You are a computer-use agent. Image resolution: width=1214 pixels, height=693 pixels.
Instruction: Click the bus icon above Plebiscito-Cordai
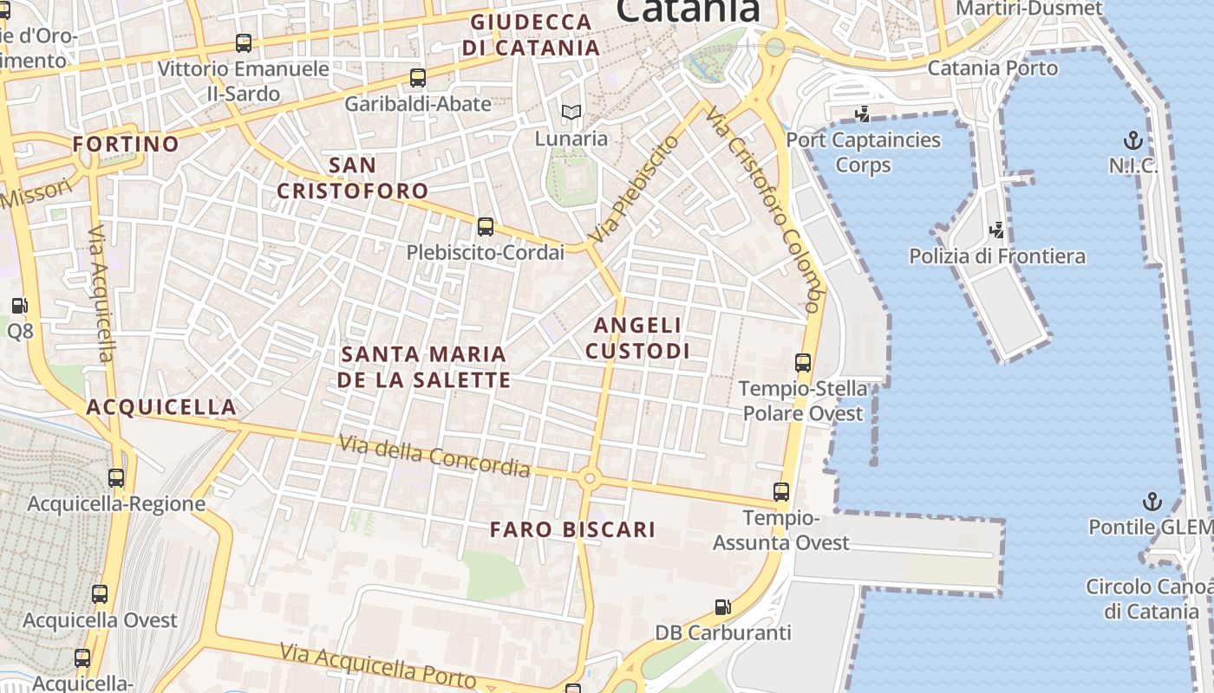pos(486,227)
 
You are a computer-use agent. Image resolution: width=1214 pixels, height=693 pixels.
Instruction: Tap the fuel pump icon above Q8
pos(19,306)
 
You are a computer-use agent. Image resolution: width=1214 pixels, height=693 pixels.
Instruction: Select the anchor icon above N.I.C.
pos(1132,140)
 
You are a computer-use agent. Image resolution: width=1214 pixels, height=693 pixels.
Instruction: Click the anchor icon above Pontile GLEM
pos(1152,502)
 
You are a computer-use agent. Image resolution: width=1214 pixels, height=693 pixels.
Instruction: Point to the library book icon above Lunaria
pos(571,112)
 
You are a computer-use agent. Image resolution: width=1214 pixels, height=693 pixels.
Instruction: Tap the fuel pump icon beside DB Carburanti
pos(722,607)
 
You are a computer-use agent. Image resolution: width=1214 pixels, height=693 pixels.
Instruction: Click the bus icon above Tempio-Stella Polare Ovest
pos(803,363)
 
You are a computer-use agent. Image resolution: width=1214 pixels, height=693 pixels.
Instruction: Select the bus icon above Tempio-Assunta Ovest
pos(781,492)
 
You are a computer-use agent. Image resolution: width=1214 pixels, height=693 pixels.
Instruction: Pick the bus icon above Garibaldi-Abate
pos(418,78)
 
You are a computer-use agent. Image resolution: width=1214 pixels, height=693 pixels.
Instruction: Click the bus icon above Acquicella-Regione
pos(116,477)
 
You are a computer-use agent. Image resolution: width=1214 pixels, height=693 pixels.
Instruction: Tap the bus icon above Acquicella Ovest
pos(100,594)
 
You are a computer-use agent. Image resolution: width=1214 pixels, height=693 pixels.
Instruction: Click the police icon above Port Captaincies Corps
pos(862,113)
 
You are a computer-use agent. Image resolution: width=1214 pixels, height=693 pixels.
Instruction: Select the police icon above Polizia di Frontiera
pos(997,230)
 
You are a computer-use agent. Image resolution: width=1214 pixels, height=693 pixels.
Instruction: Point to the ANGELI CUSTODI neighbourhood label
pos(638,338)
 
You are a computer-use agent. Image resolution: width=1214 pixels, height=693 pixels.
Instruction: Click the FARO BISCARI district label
pos(572,529)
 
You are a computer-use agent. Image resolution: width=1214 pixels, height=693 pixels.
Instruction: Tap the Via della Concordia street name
pos(434,456)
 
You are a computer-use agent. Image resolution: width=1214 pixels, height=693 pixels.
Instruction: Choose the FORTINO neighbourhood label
pos(126,144)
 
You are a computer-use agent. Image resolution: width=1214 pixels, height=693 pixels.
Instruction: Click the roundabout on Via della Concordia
pos(590,477)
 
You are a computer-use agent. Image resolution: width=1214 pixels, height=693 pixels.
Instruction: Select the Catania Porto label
pos(993,68)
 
